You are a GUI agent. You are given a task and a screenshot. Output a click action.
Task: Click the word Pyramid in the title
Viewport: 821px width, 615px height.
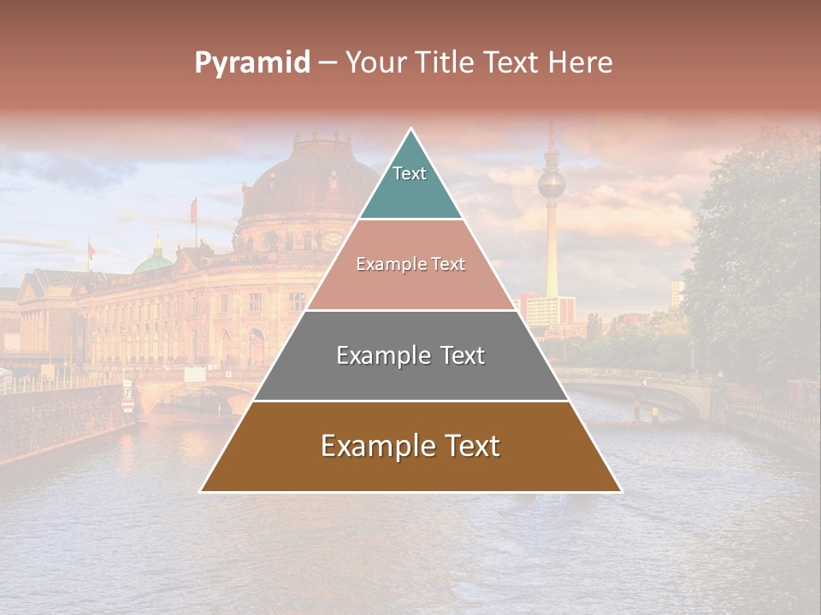click(251, 63)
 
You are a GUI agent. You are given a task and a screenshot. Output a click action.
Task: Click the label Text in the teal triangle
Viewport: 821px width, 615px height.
click(410, 173)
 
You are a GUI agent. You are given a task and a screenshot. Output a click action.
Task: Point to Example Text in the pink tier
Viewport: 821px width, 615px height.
click(410, 265)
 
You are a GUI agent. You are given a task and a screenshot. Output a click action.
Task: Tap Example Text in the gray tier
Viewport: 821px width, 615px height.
click(410, 355)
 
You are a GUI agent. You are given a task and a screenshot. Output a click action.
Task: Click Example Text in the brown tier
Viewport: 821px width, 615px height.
click(410, 446)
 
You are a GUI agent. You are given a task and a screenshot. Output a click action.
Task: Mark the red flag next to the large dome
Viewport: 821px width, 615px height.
click(193, 209)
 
